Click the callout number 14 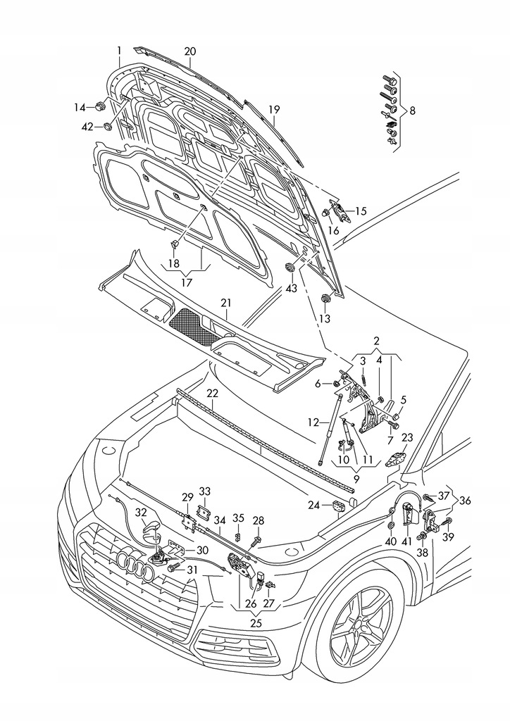80,107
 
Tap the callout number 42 87,127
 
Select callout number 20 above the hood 190,51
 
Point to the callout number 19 274,109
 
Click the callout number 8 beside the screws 412,111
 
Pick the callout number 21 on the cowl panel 225,303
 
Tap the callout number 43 291,288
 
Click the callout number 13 325,319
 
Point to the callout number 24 314,505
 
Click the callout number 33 204,491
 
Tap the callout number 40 391,541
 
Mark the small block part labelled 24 337,504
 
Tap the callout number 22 213,393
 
